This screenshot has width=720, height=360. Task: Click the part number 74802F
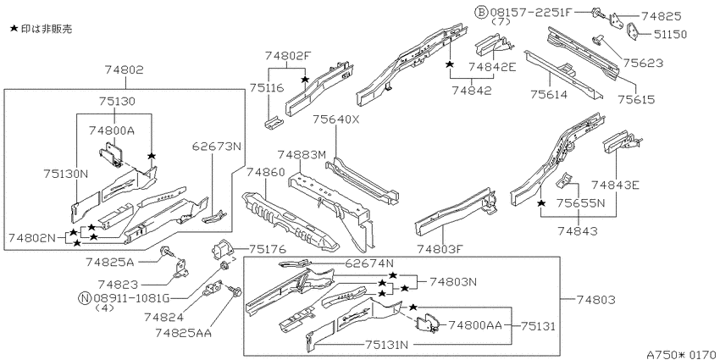[x=288, y=56]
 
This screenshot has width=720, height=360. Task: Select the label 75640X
[x=336, y=119]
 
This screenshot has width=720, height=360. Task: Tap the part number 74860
[x=266, y=172]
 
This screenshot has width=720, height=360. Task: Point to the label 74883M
[x=302, y=155]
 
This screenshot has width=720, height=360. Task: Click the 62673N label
[x=216, y=146]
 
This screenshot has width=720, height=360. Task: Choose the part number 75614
[x=549, y=95]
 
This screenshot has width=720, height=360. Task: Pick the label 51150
[x=667, y=35]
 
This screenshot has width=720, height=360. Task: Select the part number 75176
[x=267, y=249]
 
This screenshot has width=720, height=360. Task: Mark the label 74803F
[x=440, y=249]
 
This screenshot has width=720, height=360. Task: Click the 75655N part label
[x=581, y=202]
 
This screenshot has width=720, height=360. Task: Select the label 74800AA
[x=475, y=325]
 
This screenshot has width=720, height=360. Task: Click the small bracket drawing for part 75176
[x=222, y=248]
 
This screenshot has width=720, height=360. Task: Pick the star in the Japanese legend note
[x=14, y=29]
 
